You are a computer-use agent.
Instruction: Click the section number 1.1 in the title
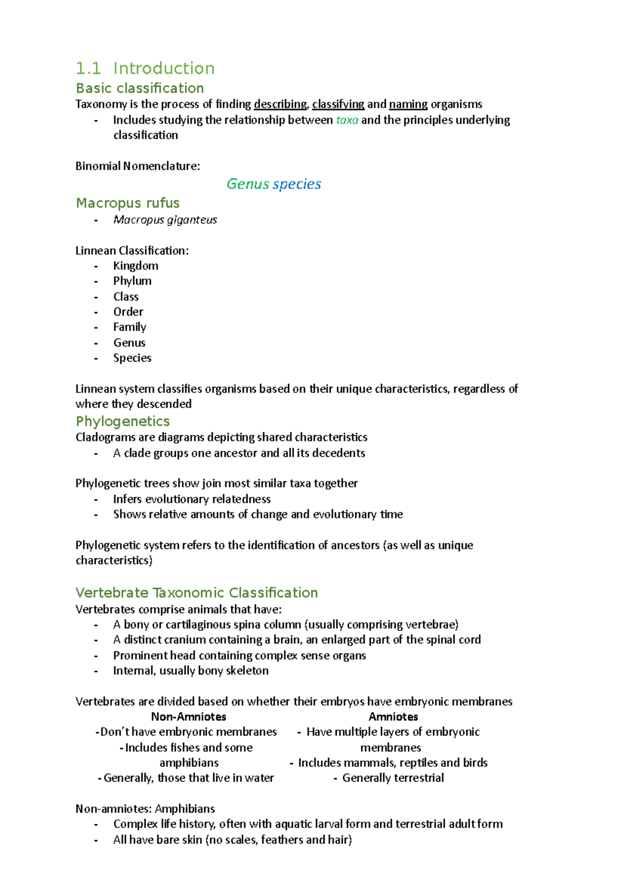pos(88,68)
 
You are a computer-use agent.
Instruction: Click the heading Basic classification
pos(139,88)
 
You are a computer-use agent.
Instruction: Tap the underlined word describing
pos(280,104)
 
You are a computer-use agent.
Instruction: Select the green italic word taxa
pos(347,120)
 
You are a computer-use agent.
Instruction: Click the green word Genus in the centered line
pos(248,184)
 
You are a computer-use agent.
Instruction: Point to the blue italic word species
pos(297,184)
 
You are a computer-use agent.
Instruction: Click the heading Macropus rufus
pos(127,203)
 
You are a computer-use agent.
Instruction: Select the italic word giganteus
pos(192,220)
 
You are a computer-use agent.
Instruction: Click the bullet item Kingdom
pos(136,266)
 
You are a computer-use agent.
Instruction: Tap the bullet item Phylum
pos(132,281)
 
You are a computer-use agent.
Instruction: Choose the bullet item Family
pos(129,327)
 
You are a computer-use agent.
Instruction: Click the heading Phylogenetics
pos(123,421)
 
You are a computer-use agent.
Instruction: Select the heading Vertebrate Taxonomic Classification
pos(197,593)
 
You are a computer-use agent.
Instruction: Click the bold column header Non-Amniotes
pos(188,717)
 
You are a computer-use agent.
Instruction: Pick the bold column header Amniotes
pos(393,717)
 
